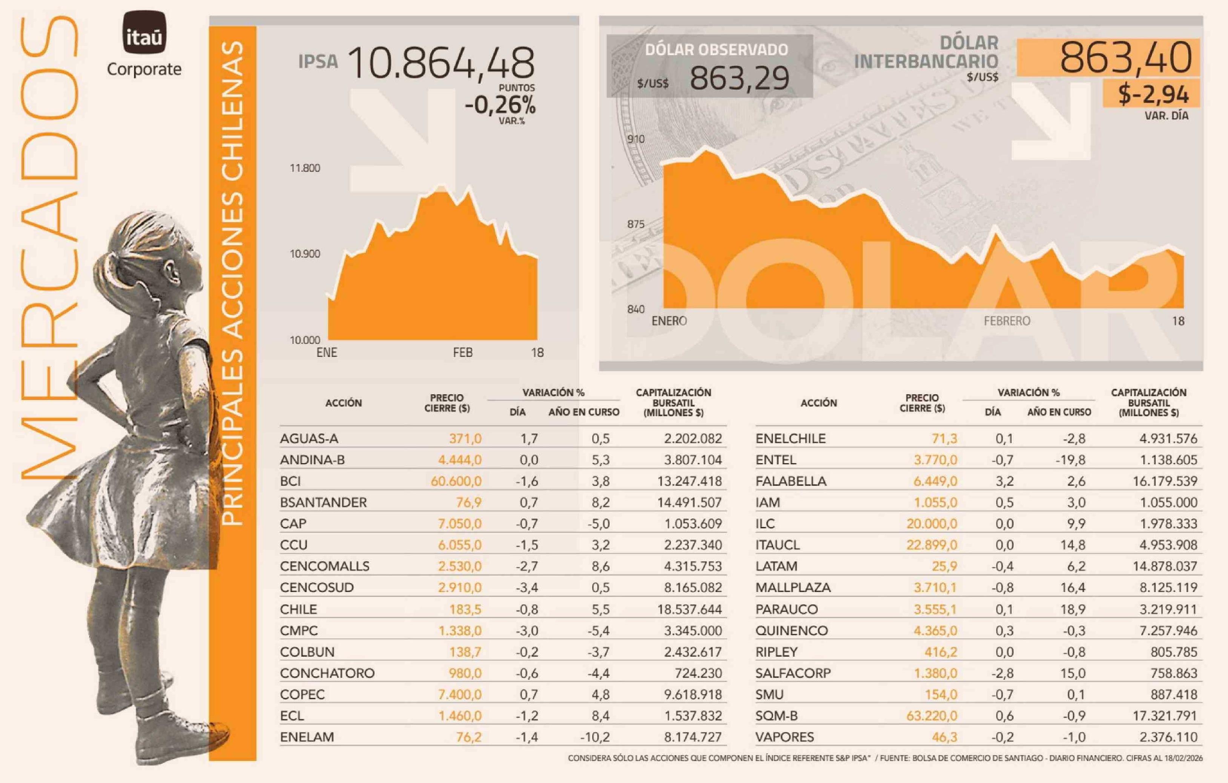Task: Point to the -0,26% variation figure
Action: pos(500,105)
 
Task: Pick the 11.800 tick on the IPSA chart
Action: pos(305,168)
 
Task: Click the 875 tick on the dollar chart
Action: pos(635,224)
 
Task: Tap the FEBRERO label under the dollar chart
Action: pos(1007,321)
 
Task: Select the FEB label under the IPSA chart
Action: pos(462,353)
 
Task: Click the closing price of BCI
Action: pos(456,481)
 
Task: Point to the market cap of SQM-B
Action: pos(1165,715)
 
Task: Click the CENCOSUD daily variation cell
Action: pos(527,588)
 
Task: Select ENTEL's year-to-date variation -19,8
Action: pos(1070,460)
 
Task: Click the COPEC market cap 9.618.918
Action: pos(692,694)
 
